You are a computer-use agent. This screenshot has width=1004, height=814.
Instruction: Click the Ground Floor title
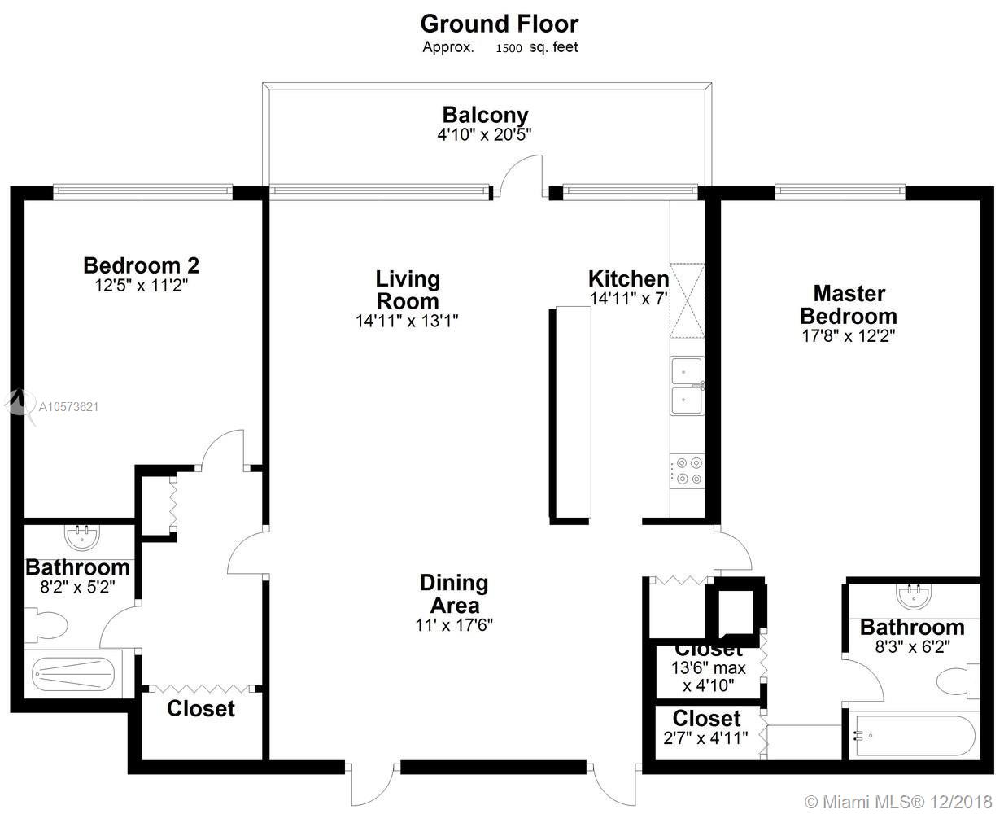tap(500, 24)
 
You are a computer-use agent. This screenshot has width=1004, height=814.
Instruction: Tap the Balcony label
tap(485, 115)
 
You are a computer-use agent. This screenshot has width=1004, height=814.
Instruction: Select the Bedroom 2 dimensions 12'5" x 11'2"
tap(142, 286)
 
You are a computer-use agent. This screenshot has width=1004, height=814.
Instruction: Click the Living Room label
tap(408, 290)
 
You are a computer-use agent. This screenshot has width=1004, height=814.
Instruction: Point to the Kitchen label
tap(628, 278)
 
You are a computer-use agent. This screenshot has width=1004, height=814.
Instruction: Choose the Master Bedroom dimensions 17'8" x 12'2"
tap(849, 336)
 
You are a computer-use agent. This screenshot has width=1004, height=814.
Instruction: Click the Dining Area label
tap(454, 593)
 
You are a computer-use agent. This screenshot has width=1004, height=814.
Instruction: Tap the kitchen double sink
tap(687, 386)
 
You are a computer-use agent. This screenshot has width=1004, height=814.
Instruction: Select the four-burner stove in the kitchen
tap(687, 471)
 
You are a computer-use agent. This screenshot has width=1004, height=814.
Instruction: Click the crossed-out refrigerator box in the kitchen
tap(687, 300)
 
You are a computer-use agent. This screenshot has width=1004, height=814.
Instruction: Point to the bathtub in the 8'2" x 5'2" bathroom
tap(73, 674)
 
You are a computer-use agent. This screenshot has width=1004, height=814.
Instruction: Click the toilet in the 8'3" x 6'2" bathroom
tap(958, 682)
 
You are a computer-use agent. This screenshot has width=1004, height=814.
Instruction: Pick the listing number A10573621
tap(68, 406)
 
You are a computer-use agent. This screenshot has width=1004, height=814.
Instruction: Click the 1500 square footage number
tap(509, 48)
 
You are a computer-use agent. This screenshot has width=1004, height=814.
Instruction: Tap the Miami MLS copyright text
tap(898, 802)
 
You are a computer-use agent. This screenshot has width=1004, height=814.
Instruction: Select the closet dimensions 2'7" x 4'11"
tap(705, 737)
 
